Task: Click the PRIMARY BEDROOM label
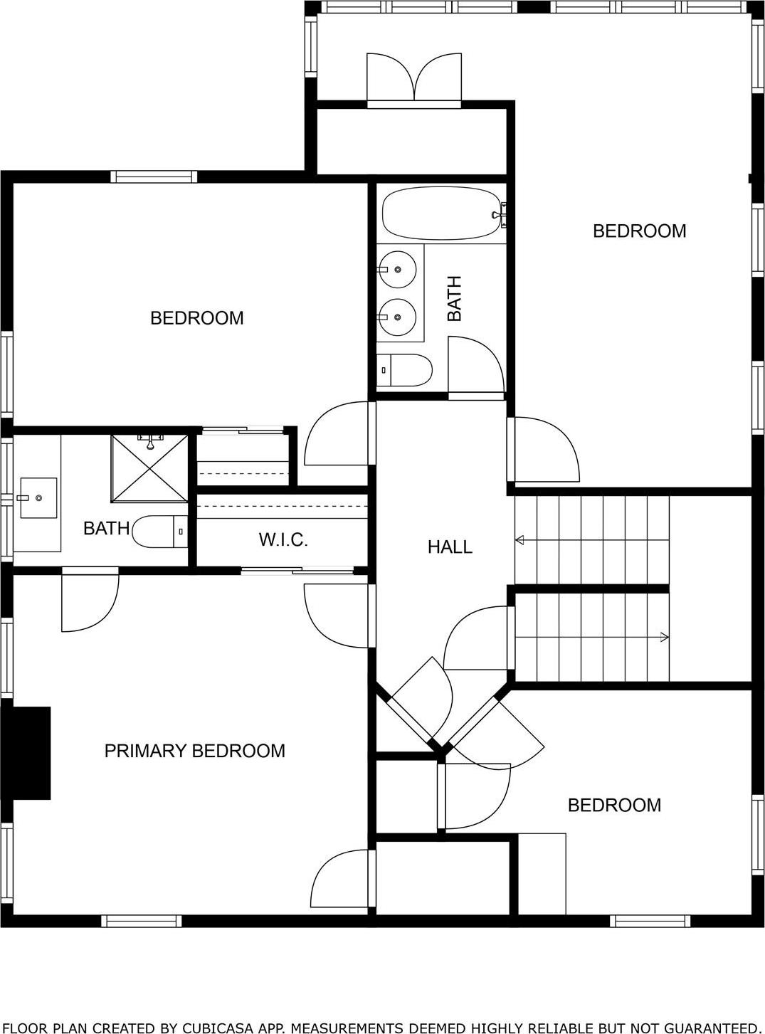194,751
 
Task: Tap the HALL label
450,547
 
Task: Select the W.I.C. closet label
283,540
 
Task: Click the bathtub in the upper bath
442,213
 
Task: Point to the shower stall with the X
149,468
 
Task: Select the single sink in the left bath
38,497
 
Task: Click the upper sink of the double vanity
396,269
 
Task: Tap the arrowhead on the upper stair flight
519,540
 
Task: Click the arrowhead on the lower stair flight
665,637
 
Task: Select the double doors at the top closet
413,80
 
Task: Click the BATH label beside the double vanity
454,298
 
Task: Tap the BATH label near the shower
106,528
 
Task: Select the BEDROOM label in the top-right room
639,231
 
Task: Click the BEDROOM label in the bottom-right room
614,805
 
